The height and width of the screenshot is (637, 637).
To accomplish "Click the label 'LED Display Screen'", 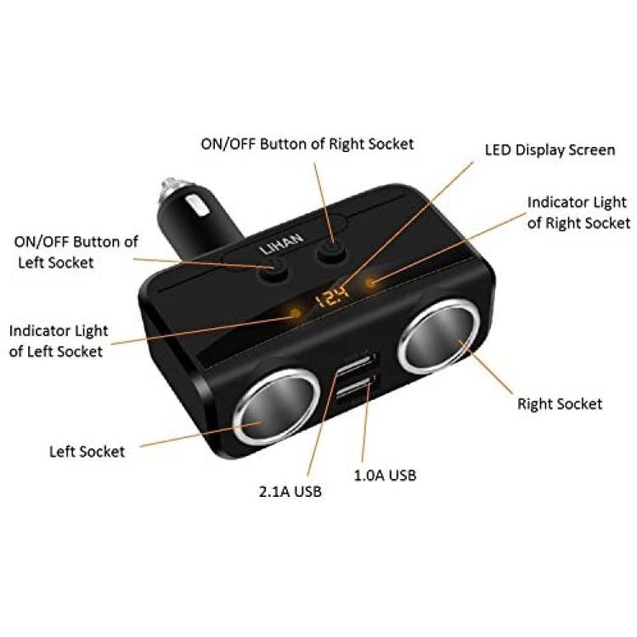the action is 550,149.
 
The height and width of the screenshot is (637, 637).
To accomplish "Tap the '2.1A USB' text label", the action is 290,492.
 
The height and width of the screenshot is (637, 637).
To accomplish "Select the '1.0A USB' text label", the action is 385,475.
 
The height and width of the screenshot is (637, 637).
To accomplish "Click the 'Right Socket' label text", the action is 560,403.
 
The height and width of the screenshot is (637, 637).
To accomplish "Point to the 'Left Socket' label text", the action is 87,451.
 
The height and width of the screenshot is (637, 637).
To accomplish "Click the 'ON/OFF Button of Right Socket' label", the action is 307,144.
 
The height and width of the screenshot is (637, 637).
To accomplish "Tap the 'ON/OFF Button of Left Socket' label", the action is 76,252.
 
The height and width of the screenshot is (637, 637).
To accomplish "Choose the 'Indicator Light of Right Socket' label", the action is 578,212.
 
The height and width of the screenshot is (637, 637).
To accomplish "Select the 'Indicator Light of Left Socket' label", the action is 59,341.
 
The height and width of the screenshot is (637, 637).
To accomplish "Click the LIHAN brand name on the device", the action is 281,244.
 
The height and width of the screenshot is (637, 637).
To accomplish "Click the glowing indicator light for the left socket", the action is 296,313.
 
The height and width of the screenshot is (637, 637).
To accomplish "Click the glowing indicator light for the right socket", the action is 370,282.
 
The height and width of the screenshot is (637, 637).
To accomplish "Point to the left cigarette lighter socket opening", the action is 276,407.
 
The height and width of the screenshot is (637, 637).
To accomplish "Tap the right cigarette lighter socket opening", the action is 438,336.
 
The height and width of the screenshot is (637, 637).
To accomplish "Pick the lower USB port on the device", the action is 356,386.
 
